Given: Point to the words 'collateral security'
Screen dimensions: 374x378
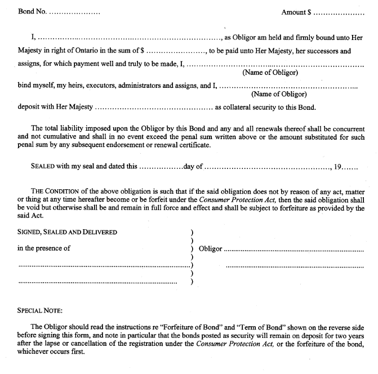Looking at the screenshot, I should [x=257, y=107].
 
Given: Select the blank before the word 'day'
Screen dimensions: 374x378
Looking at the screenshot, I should [x=161, y=167].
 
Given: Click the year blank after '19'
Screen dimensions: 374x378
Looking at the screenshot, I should [x=351, y=167].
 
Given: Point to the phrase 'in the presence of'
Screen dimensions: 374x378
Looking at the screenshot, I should [x=44, y=248].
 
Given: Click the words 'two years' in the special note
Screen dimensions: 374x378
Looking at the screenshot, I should [x=350, y=336].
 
